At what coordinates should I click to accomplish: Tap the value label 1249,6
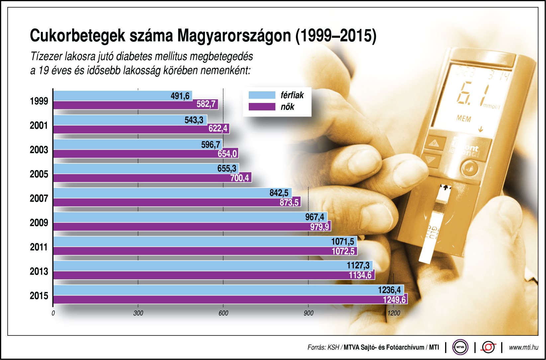394,300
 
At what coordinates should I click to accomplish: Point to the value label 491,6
180,96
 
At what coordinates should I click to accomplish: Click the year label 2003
39,150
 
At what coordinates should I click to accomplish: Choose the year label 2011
39,247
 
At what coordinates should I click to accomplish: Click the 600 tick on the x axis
223,313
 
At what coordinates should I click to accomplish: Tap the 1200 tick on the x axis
394,313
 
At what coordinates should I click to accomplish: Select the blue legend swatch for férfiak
262,95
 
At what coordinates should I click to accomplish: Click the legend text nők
288,107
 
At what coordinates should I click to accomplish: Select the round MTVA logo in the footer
460,347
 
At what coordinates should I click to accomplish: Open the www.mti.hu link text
523,347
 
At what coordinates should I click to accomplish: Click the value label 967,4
315,217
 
